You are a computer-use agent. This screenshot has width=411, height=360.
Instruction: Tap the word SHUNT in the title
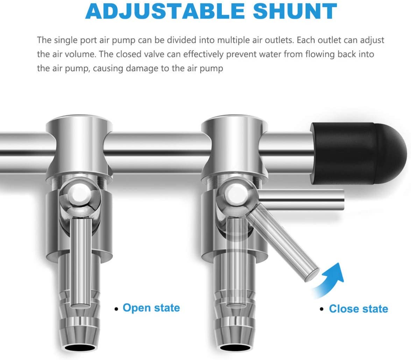tap(295, 11)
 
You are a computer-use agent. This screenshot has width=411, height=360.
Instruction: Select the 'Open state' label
tap(151, 308)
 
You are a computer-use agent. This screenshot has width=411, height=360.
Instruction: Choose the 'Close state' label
tap(358, 309)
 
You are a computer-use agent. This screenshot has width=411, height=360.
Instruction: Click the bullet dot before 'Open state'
tap(116, 309)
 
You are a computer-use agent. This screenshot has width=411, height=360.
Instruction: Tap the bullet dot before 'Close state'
tap(322, 310)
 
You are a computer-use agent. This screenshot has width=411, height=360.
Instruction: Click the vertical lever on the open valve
tap(81, 262)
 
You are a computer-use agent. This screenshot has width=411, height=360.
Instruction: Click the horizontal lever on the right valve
tap(302, 199)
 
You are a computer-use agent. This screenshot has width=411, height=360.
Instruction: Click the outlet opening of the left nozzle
tap(80, 348)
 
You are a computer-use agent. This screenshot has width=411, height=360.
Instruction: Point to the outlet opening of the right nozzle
tap(236, 348)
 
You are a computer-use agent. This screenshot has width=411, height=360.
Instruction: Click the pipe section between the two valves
tap(157, 152)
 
